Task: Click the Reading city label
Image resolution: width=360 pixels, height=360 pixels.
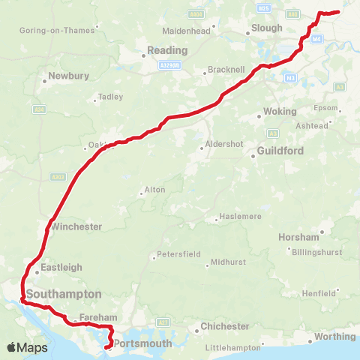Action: [x=167, y=50]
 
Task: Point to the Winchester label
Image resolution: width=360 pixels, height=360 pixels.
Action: [x=76, y=226]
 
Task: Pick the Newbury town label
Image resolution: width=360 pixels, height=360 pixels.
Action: [x=68, y=76]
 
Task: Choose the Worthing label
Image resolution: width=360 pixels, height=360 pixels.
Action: [x=334, y=337]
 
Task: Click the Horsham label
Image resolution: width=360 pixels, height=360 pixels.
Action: [x=298, y=236]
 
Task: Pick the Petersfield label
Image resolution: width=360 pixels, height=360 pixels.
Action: [x=179, y=255]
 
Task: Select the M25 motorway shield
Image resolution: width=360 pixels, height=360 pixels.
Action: [x=262, y=8]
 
